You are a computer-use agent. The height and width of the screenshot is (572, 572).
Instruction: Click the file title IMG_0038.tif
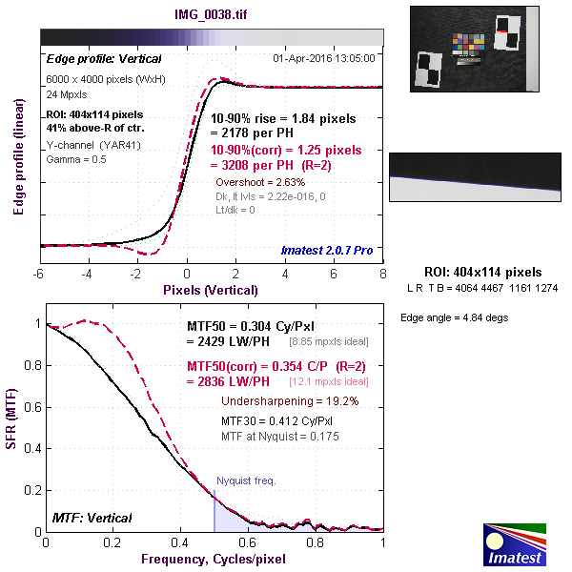tap(211, 16)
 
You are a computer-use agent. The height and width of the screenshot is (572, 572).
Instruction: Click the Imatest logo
tap(515, 542)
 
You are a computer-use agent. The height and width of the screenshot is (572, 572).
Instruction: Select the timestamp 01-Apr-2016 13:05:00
tap(324, 57)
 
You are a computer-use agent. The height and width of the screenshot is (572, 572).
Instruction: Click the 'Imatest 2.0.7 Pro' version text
tap(326, 251)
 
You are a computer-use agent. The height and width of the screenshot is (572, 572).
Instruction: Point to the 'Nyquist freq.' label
tap(246, 480)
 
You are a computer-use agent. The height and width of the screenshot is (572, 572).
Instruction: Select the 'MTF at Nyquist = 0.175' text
tap(280, 436)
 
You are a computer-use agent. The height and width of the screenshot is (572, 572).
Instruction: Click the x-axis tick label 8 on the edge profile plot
tap(382, 274)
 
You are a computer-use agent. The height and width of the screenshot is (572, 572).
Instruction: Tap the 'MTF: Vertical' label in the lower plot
tap(92, 518)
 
